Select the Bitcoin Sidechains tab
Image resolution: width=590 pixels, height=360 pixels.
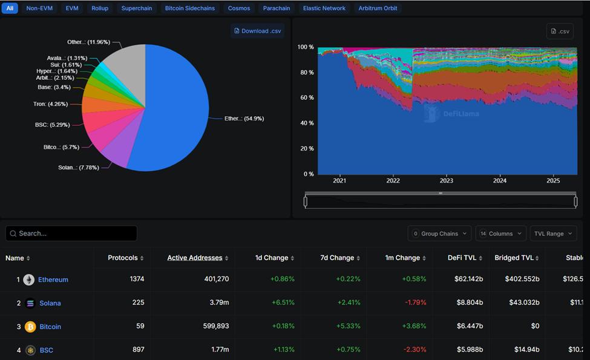point(191,8)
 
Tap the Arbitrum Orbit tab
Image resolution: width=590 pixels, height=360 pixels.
point(378,8)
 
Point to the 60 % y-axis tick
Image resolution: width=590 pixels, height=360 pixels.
point(307,97)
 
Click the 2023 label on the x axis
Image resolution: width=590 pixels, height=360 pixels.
point(446,180)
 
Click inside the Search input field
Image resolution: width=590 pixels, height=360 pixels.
point(73,234)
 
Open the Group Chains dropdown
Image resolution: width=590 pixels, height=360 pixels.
point(439,234)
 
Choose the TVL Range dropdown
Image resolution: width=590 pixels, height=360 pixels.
point(552,234)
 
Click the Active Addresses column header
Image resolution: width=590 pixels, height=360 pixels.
point(195,258)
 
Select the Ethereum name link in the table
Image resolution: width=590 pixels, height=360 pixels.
point(53,280)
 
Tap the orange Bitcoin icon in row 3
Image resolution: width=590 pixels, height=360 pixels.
point(30,327)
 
